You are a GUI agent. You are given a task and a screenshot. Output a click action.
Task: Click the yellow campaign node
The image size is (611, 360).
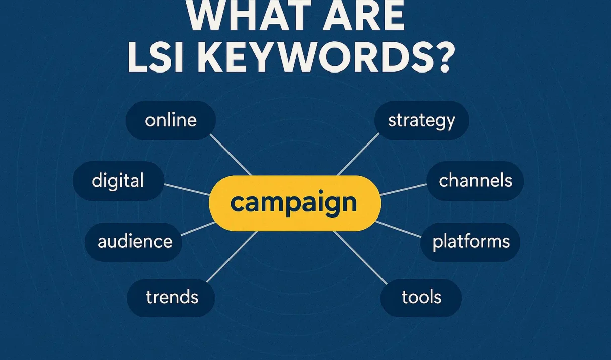[295, 203]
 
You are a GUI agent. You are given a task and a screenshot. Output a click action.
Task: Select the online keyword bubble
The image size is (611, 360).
[171, 120]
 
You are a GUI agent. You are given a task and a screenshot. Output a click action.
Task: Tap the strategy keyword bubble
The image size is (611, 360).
[422, 120]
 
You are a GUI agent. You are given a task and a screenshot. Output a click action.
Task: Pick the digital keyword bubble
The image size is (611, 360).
[118, 181]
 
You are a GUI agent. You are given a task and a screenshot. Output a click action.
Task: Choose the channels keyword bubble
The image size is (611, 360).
[475, 181]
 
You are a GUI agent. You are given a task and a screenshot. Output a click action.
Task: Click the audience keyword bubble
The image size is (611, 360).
[135, 241]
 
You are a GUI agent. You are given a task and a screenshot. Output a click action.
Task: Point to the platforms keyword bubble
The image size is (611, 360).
[471, 241]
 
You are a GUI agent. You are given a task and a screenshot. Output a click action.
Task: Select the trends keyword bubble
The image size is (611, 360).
[172, 297]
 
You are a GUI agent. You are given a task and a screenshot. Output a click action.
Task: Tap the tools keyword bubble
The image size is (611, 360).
[421, 297]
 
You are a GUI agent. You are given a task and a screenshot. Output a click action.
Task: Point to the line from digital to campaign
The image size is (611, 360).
[187, 189]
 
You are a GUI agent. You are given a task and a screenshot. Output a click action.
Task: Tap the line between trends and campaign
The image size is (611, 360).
[232, 257]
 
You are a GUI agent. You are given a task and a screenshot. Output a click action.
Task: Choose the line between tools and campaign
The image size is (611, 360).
[360, 257]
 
